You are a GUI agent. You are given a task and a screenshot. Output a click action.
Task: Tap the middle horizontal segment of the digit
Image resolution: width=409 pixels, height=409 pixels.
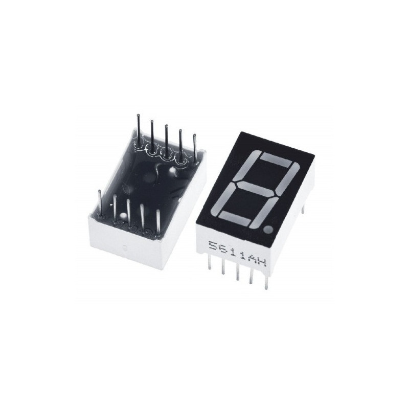(x=257, y=189)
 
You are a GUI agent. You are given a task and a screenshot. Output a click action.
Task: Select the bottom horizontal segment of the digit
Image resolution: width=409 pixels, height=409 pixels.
(x=235, y=218)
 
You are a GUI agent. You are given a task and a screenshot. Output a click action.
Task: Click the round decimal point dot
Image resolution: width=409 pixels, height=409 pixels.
(x=268, y=230)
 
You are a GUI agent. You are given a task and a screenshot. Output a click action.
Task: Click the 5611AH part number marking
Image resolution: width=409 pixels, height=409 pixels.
(x=238, y=254)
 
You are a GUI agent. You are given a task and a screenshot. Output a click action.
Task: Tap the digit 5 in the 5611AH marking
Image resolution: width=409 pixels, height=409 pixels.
(x=214, y=246)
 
